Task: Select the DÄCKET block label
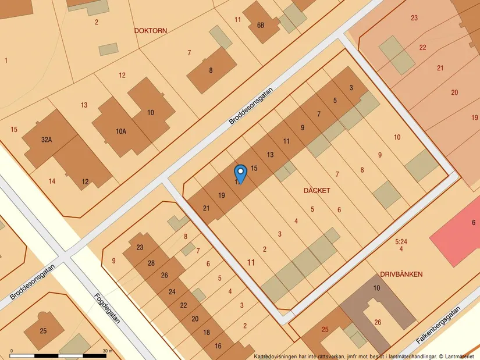point(317,191)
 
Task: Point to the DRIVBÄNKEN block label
point(401,274)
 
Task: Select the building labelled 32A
point(46,140)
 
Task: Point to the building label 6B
point(261,26)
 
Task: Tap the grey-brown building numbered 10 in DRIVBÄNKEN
point(376,288)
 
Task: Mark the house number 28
point(151,263)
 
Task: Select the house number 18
point(207,333)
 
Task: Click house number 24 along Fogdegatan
point(172,291)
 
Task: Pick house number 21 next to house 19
point(206,208)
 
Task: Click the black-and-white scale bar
point(58,355)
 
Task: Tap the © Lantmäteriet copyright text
point(457,356)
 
